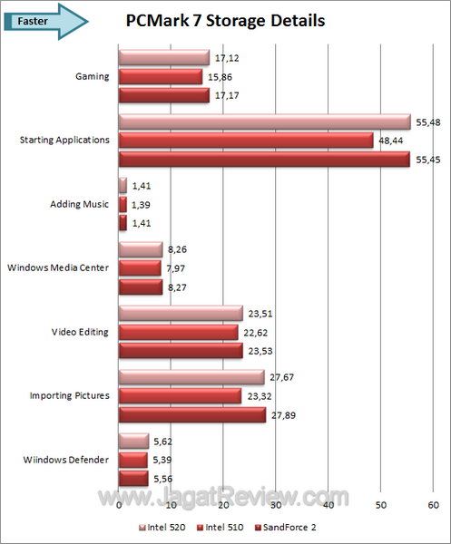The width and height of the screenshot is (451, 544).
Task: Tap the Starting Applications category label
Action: (x=64, y=141)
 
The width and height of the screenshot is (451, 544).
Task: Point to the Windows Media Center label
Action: (x=58, y=268)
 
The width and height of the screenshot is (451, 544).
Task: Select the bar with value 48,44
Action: (x=246, y=141)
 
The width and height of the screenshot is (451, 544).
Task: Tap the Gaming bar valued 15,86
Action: (x=161, y=77)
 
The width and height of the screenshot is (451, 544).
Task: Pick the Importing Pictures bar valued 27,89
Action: (x=191, y=414)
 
